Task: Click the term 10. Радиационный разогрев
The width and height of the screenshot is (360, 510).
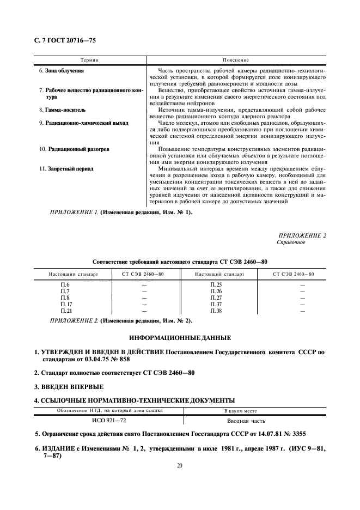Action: pos(68,149)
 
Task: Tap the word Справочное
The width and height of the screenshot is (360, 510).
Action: pos(291,242)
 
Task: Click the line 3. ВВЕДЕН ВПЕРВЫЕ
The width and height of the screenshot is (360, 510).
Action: pos(69,387)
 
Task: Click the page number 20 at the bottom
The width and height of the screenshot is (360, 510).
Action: pos(179,466)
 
